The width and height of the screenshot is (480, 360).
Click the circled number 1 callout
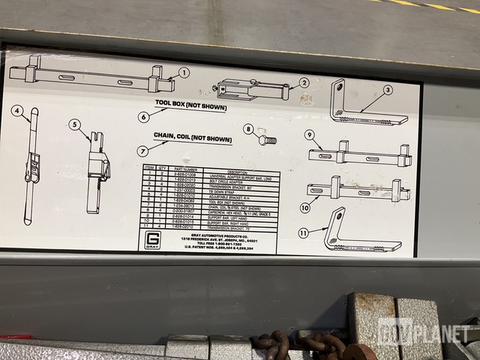click(x=184, y=73)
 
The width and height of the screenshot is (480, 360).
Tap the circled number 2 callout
click(x=303, y=83)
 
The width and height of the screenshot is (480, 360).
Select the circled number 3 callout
click(x=388, y=90)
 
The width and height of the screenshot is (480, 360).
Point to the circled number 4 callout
click(x=16, y=112)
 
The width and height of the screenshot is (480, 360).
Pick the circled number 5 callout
click(x=74, y=125)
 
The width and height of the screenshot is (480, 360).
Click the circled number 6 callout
click(x=143, y=116)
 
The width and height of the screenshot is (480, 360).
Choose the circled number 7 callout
click(x=142, y=150)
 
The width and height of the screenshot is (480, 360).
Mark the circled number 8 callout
click(x=248, y=129)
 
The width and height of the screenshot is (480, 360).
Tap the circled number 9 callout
click(x=308, y=134)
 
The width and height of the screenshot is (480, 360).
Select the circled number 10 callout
click(x=304, y=207)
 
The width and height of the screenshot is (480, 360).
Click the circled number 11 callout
click(x=303, y=233)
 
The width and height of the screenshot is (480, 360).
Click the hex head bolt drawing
click(x=266, y=139)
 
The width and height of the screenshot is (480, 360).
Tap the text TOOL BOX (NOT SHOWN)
click(x=190, y=106)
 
